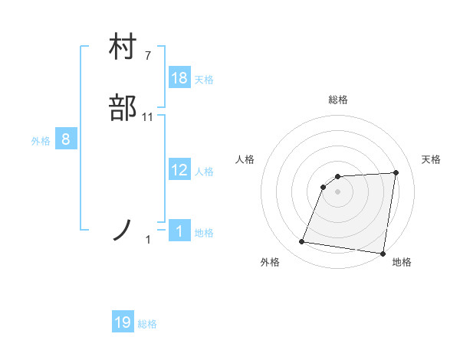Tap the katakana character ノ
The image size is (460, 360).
(123, 230)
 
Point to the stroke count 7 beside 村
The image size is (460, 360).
(148, 56)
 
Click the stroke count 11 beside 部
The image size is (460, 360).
(148, 117)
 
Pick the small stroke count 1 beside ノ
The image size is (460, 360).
(149, 241)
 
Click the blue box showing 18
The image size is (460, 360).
(179, 78)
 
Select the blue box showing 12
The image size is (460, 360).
(179, 170)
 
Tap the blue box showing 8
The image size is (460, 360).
(66, 139)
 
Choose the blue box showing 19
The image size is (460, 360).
(123, 322)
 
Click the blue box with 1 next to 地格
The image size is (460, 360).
(179, 231)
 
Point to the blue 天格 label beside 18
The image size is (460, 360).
(204, 79)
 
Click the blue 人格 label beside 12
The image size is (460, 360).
(204, 171)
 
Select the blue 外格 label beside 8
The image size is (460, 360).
(41, 140)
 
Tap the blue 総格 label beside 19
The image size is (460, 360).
(147, 323)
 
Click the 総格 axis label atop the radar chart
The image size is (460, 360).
(338, 100)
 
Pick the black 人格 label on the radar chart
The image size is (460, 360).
(245, 159)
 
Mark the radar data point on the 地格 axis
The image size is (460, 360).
(383, 254)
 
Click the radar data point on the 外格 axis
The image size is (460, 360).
(302, 242)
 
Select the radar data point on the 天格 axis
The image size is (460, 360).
(396, 172)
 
